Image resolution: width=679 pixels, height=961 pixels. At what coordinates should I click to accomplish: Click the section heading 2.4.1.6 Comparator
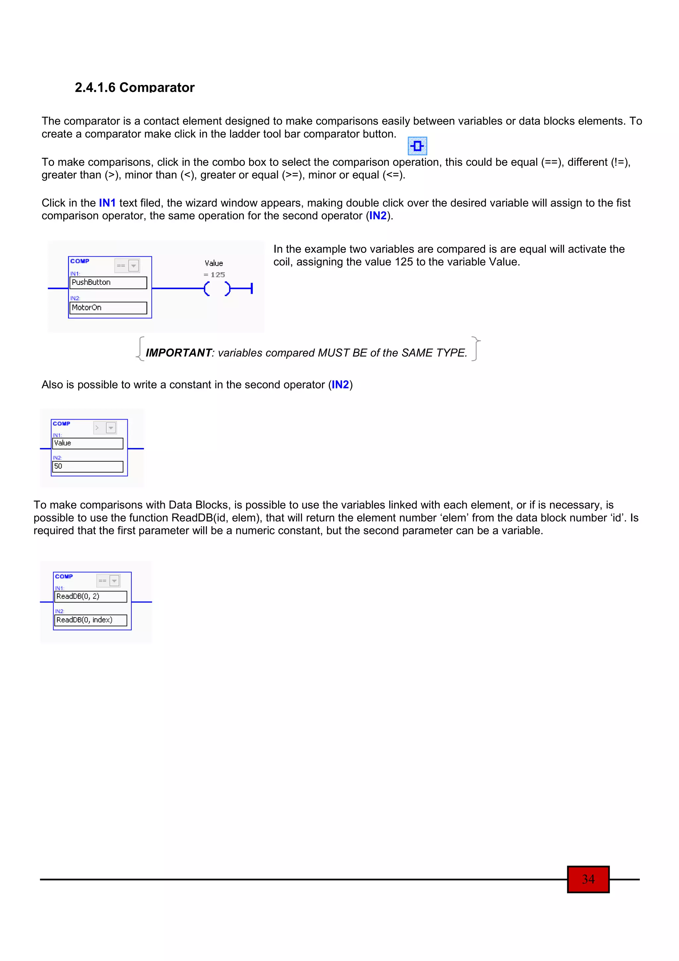(x=134, y=88)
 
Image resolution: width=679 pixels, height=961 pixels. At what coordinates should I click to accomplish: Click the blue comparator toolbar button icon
(x=417, y=146)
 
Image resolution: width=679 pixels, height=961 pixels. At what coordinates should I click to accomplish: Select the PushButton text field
(x=108, y=283)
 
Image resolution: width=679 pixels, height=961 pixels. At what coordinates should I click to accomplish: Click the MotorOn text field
(x=108, y=308)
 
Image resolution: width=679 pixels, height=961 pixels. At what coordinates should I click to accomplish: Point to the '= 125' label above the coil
(x=214, y=275)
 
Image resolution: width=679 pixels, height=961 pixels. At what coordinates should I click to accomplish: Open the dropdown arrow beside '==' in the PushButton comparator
(x=134, y=266)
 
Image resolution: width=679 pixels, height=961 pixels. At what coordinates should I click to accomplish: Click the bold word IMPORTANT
(x=179, y=353)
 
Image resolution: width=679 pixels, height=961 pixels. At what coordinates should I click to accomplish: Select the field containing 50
(x=88, y=466)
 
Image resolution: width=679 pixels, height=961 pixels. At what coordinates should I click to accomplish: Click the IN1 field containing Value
(x=88, y=443)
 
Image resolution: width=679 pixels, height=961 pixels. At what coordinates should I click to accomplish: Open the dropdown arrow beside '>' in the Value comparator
(x=111, y=428)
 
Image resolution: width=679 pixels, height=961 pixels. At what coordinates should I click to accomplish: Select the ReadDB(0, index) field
(x=91, y=620)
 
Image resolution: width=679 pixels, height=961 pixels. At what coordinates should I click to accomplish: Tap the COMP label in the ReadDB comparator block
(x=64, y=576)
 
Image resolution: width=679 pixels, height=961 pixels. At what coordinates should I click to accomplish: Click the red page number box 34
(x=588, y=879)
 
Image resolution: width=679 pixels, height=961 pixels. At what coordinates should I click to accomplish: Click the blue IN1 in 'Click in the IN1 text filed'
(x=107, y=203)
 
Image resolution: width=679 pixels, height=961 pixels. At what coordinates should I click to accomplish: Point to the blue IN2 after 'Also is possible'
(x=340, y=385)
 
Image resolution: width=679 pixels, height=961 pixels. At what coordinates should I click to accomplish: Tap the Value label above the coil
(x=214, y=263)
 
